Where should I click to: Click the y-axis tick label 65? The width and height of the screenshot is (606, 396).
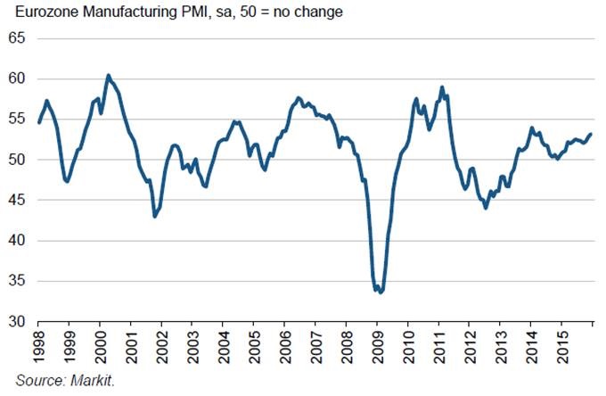point(19,39)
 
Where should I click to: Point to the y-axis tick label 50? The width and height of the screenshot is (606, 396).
point(19,160)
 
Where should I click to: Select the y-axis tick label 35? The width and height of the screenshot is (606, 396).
point(19,281)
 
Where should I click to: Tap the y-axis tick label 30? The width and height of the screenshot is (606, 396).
point(19,321)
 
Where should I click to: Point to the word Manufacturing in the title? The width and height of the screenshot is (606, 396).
point(125,12)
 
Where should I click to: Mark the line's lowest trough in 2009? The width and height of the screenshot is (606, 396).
point(381,292)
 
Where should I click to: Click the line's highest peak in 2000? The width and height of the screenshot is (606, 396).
point(108,76)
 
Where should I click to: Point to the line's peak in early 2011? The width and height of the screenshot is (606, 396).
point(442,87)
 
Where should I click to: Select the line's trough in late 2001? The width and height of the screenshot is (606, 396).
point(154,217)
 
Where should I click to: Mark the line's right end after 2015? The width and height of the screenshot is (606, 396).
point(591,134)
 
